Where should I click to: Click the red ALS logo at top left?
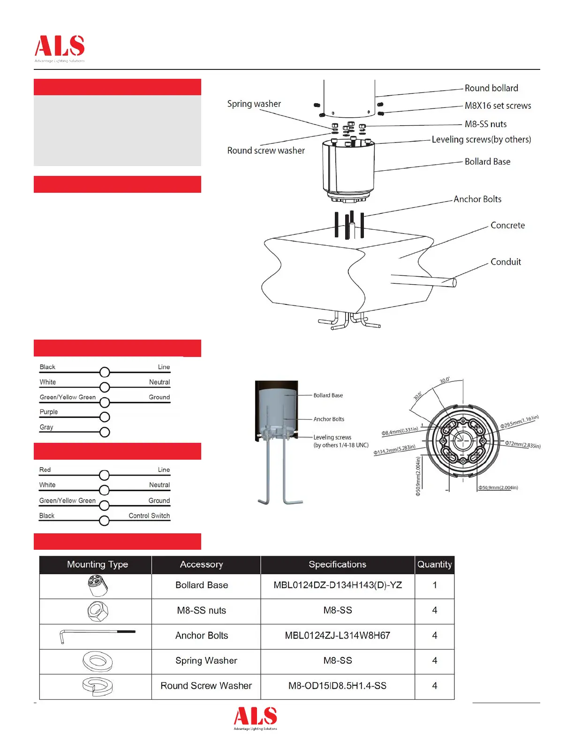click(60, 46)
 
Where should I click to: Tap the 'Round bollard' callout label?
click(491, 88)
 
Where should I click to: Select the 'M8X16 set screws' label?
click(498, 106)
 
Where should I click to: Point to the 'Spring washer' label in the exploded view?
click(254, 104)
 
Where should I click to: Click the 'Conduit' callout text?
click(506, 262)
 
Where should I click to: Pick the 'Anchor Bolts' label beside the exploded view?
click(477, 199)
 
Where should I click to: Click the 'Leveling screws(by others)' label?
click(481, 140)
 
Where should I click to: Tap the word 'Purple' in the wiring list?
click(49, 412)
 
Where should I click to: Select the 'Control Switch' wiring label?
click(149, 516)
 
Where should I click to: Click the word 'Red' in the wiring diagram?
click(45, 470)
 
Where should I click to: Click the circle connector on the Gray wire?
click(105, 432)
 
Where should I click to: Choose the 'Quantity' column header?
click(434, 564)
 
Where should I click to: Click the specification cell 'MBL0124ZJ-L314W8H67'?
click(337, 636)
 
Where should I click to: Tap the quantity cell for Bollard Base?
click(434, 585)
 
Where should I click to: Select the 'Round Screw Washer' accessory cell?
click(206, 686)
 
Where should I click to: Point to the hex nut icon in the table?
click(98, 611)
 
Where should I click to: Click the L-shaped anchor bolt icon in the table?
click(97, 636)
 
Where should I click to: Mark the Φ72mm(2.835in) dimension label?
click(522, 444)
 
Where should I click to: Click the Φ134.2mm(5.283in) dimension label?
click(394, 450)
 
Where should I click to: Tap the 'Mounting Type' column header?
click(98, 564)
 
